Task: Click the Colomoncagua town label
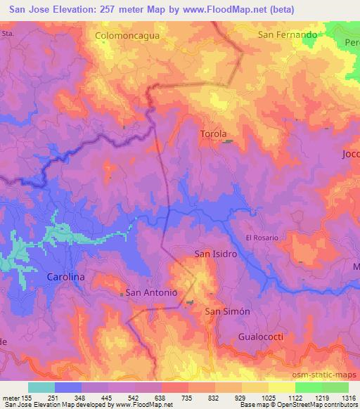(126, 34)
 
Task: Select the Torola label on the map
(214, 134)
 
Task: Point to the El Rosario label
(262, 238)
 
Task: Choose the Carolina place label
(65, 277)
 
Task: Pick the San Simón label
(227, 311)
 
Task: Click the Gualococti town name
(260, 337)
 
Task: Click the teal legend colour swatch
(41, 387)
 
